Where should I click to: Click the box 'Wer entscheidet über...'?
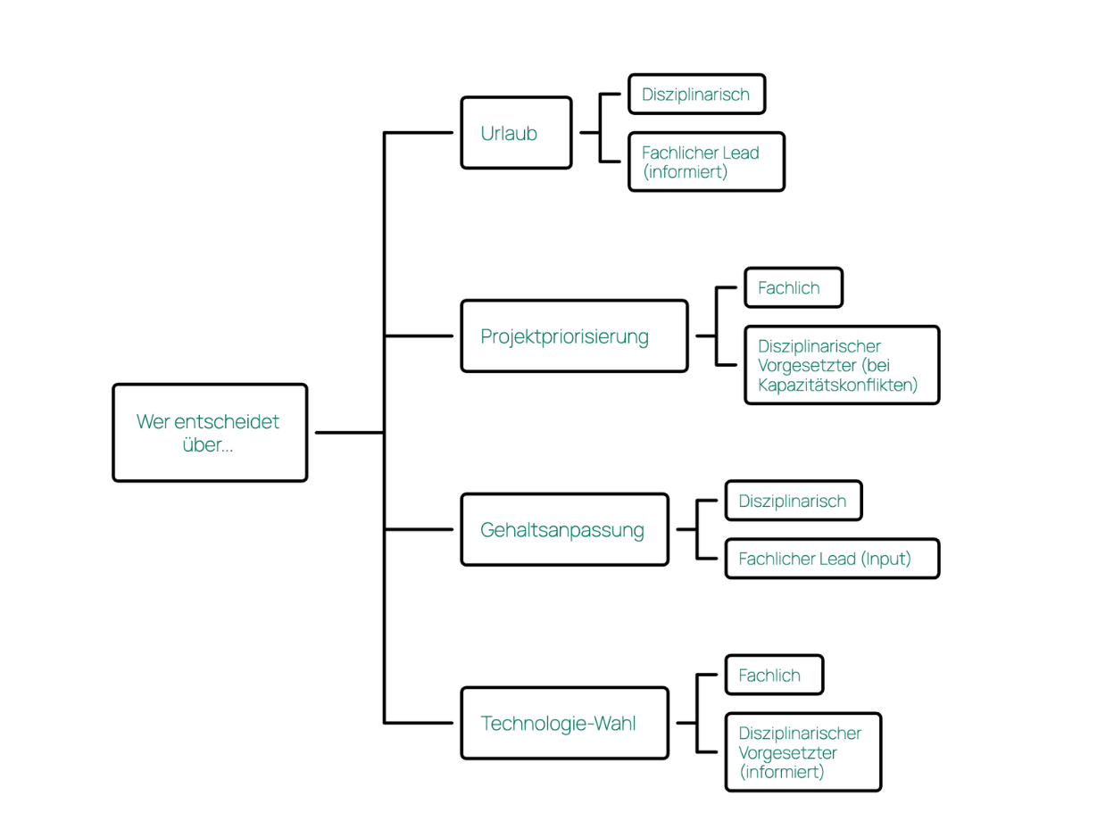click(x=210, y=433)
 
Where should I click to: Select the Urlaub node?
click(x=516, y=133)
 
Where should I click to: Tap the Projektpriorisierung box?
click(x=574, y=336)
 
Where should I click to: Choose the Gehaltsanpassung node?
click(x=564, y=530)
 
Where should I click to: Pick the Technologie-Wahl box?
click(x=564, y=723)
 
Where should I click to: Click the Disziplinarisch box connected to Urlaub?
click(x=696, y=95)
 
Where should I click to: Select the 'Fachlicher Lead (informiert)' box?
click(x=706, y=162)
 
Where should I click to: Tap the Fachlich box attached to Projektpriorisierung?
click(x=793, y=288)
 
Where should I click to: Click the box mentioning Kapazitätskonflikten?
click(x=842, y=365)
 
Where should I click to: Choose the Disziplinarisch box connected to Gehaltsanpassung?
click(x=793, y=501)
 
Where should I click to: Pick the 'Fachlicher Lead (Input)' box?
click(x=832, y=559)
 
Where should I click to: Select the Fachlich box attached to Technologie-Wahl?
click(x=774, y=676)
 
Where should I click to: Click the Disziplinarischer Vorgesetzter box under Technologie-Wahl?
click(x=802, y=752)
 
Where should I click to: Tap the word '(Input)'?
click(x=886, y=560)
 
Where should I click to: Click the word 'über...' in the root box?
click(x=208, y=444)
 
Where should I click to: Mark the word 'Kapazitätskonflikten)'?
click(x=837, y=386)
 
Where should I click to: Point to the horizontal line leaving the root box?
click(x=348, y=433)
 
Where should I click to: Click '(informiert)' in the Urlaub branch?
click(x=686, y=172)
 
